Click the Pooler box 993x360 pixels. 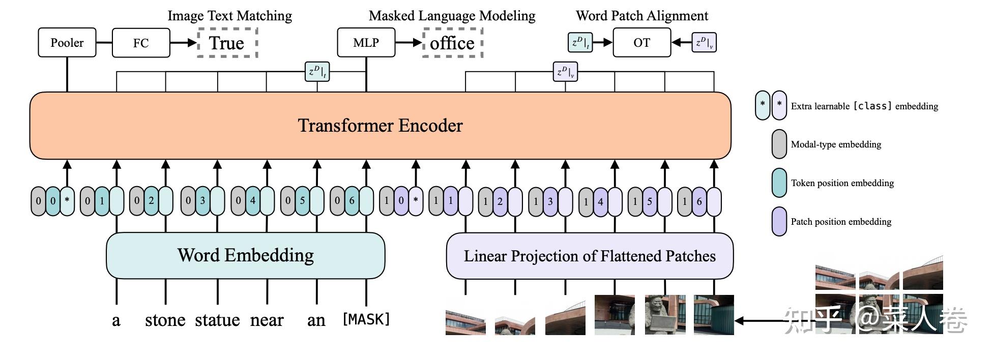67,43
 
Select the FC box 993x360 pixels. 141,43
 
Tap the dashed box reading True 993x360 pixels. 227,43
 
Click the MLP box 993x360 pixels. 366,43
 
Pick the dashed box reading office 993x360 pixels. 452,43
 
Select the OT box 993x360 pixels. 641,43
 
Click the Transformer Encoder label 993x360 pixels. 380,126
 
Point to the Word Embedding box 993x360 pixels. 245,255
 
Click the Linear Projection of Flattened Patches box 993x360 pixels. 590,256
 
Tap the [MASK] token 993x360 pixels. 366,319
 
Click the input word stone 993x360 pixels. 165,320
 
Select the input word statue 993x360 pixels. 217,320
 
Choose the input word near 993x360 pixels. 267,320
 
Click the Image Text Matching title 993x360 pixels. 230,16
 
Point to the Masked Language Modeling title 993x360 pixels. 452,16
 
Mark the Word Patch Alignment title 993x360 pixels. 641,16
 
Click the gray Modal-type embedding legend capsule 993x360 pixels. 779,144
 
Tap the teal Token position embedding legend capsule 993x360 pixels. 779,183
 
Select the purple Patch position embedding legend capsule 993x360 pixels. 779,222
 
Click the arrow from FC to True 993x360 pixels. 183,43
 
